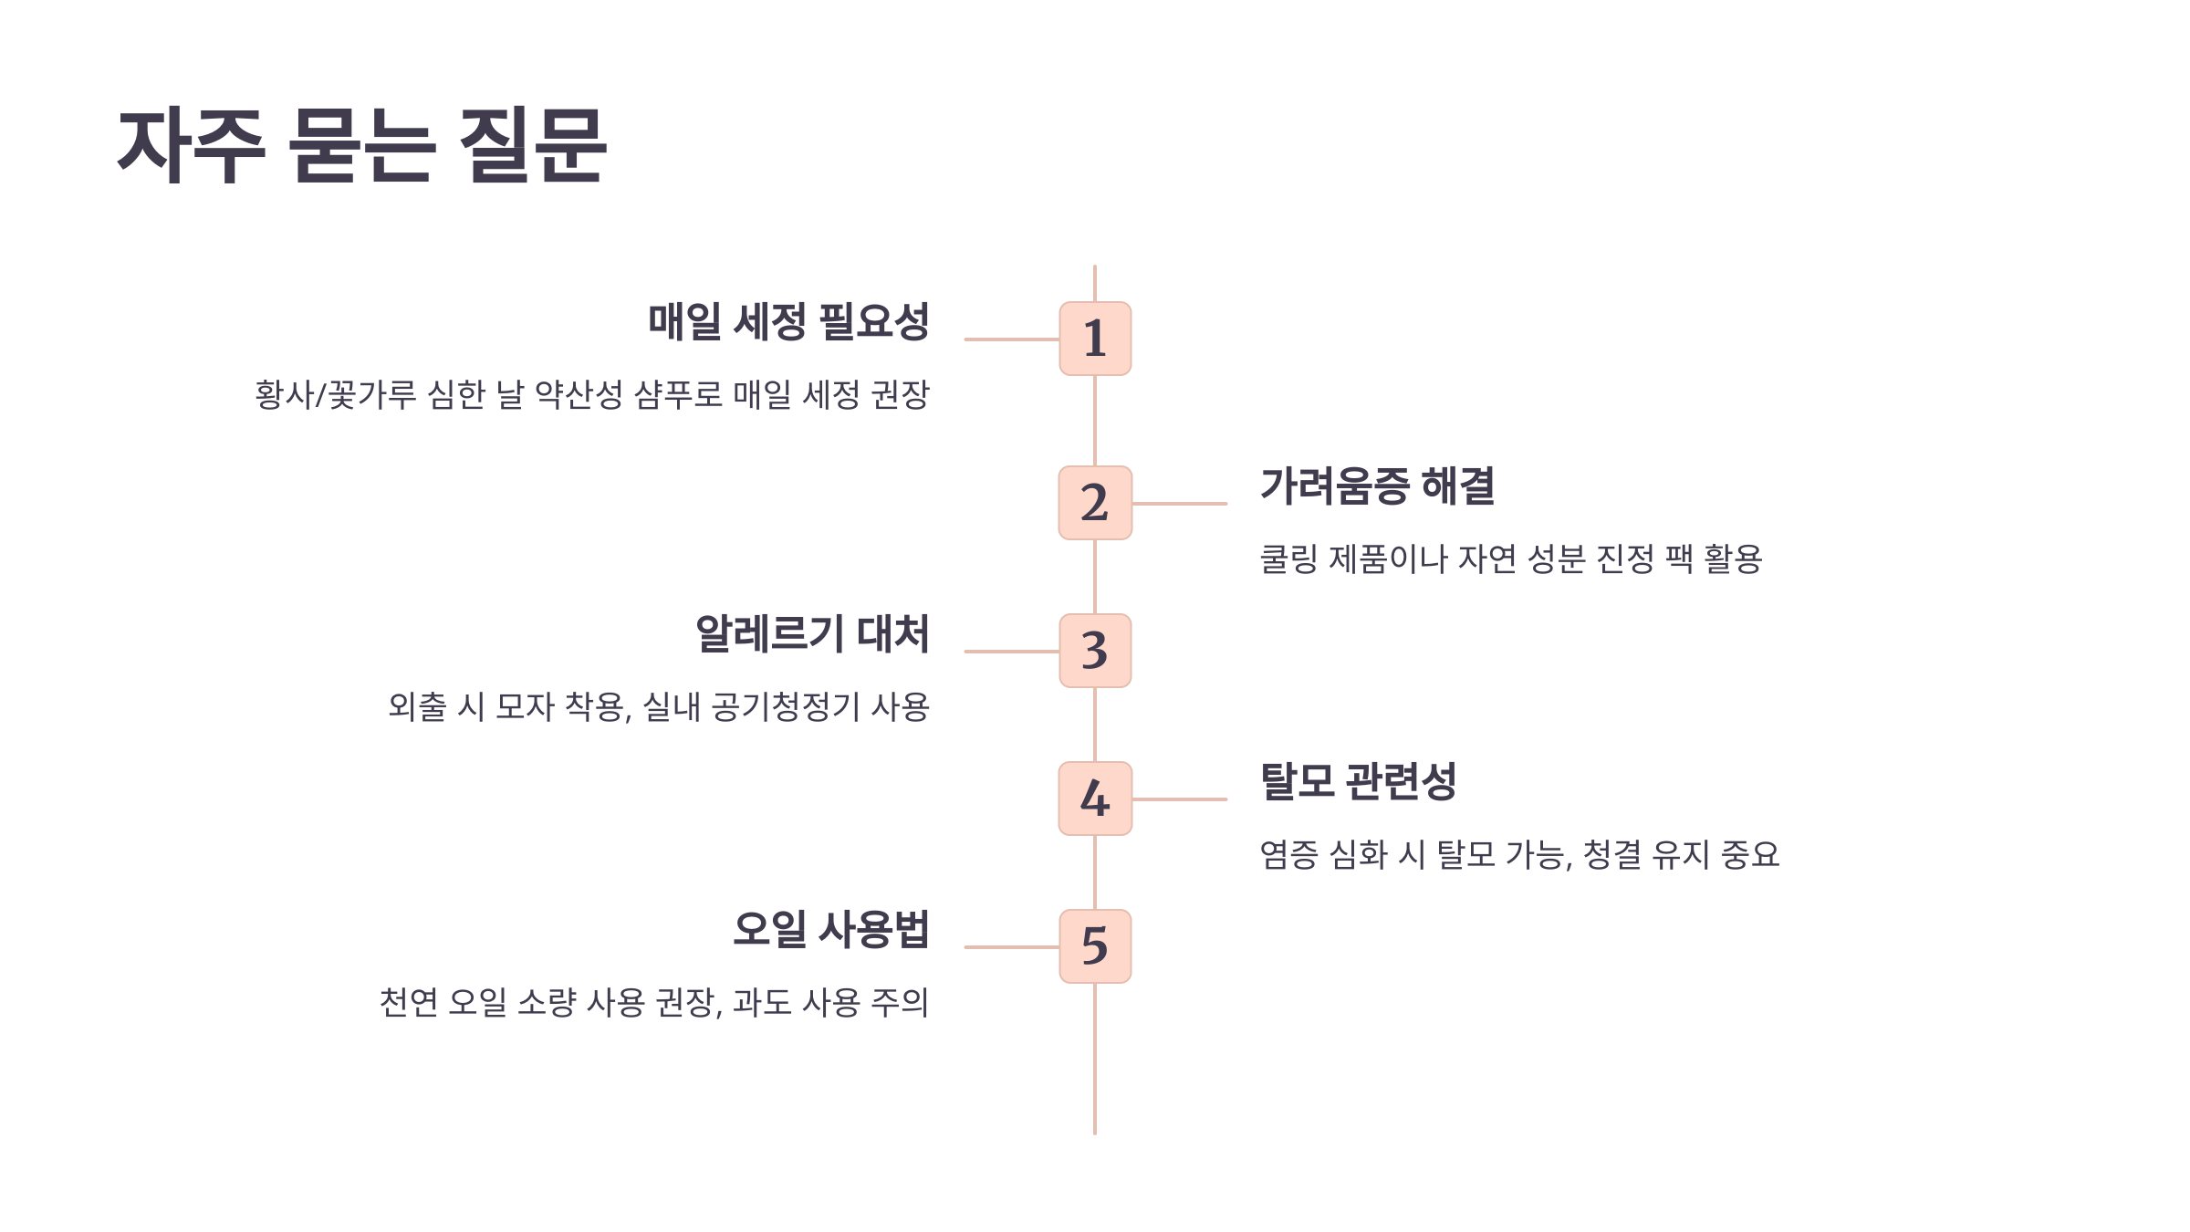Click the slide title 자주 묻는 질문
point(362,145)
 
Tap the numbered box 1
point(1095,339)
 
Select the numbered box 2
point(1095,503)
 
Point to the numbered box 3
point(1095,651)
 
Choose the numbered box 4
point(1095,799)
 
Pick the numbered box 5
point(1095,946)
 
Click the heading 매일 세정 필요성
point(788,321)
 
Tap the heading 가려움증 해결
point(1377,485)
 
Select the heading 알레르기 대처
point(812,633)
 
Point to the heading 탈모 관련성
point(1358,781)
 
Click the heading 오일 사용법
point(830,929)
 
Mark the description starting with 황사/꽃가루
point(591,395)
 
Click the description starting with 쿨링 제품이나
point(1510,559)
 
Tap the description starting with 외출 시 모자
point(658,706)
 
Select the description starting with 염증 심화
point(1519,854)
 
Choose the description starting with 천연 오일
point(653,1002)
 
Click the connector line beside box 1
point(1011,339)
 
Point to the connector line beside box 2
point(1179,504)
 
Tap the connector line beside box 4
point(1179,799)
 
